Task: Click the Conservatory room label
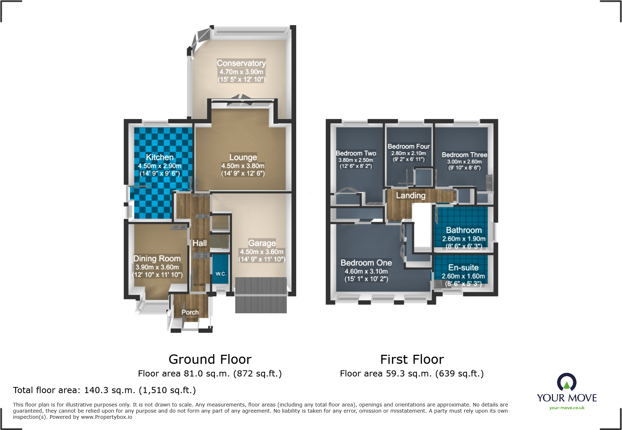coord(241,63)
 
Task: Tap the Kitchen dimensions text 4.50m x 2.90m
coord(160,166)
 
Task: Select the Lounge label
coord(243,157)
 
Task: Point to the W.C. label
coord(221,274)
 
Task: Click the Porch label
coord(190,312)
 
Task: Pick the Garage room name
coord(262,243)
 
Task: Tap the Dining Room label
coord(157,259)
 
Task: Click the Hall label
coord(200,243)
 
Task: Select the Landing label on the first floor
coord(411,196)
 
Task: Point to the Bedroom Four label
coord(409,146)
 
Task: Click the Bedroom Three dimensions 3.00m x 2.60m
coord(464,162)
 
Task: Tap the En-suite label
coord(463,268)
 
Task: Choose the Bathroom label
coord(464,230)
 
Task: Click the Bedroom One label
coord(366,263)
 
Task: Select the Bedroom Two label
coord(356,153)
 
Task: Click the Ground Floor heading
coord(210,359)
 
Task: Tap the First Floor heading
coord(412,359)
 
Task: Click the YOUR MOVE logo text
coord(567,398)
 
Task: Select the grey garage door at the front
coord(261,295)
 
